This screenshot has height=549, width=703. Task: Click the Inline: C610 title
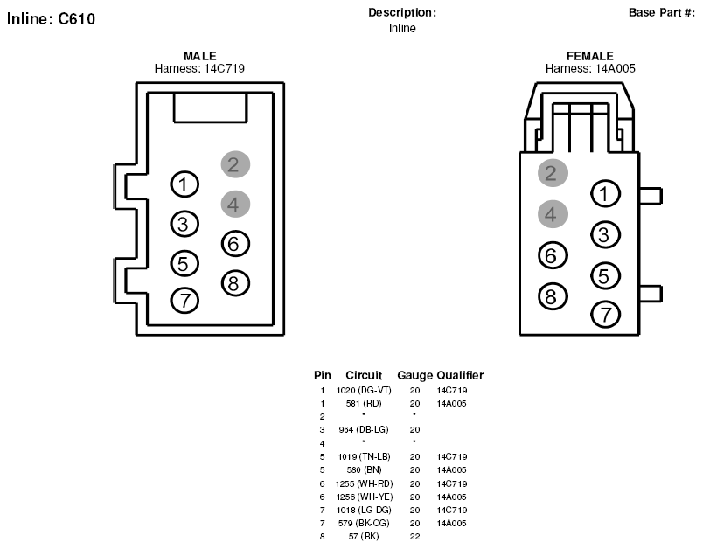click(x=51, y=19)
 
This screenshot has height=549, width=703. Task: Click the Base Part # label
click(x=662, y=12)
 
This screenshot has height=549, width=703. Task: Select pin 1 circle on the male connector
click(x=184, y=184)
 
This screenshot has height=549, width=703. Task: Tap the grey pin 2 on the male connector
click(x=235, y=164)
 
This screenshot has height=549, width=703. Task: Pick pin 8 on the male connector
click(x=235, y=283)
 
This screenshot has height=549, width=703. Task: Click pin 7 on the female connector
click(x=606, y=315)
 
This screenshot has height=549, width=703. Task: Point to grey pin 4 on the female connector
click(x=553, y=214)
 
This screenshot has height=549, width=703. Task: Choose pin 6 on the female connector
click(x=553, y=255)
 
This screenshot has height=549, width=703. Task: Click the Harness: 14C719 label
click(x=199, y=68)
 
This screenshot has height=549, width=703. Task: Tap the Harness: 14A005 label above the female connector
click(x=590, y=68)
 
